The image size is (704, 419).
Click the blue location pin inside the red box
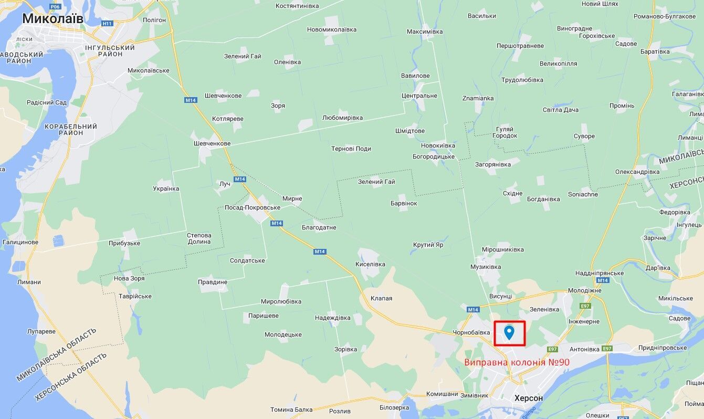point(509,332)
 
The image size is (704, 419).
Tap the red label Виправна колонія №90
point(517,362)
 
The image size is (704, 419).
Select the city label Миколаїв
point(52,19)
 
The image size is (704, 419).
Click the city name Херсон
point(529,398)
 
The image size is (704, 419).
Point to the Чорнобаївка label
point(471,332)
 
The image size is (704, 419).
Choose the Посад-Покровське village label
point(252,207)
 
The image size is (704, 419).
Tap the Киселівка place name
point(370,264)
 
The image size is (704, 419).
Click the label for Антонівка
point(584,349)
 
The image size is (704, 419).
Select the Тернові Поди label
point(351,149)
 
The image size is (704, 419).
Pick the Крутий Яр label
point(428,245)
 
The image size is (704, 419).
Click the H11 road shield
point(108,24)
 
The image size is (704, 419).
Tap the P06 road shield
point(55,6)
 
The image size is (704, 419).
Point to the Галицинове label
point(20,242)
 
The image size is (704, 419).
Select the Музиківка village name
point(486,267)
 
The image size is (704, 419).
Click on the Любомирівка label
point(342,118)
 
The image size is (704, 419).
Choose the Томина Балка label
point(291,410)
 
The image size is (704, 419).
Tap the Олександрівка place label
point(637,172)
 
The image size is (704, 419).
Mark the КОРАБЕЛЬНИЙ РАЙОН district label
point(71,130)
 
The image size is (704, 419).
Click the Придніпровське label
point(663,348)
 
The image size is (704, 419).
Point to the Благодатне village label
point(319,227)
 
